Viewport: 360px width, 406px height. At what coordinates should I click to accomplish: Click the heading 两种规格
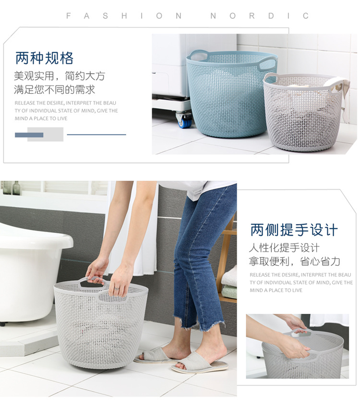[44, 59]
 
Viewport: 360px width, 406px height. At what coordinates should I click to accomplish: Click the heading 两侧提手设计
[294, 230]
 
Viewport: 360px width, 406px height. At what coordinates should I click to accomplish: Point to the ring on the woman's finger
[117, 288]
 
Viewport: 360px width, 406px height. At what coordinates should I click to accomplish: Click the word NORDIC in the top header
[260, 16]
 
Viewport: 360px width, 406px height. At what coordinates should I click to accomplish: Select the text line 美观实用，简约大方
[59, 76]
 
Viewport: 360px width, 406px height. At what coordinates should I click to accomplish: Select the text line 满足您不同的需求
[54, 89]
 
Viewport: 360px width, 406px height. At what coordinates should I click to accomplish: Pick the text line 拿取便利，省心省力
[294, 261]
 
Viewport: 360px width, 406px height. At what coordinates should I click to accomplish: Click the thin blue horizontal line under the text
[96, 135]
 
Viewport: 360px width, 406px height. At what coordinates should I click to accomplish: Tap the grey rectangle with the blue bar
[45, 135]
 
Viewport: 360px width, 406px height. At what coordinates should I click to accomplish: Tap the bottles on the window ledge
[12, 188]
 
